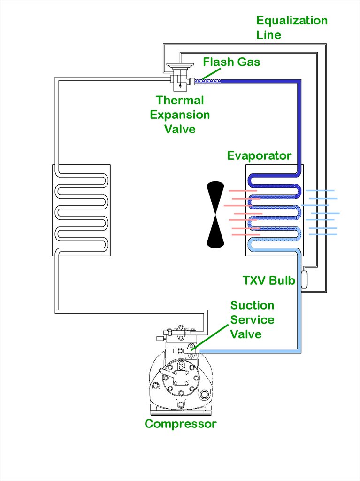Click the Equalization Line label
point(291,28)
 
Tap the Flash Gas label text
point(231,62)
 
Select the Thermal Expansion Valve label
point(180,115)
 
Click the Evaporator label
point(259,156)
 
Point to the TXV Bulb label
point(268,281)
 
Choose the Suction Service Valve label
point(252,320)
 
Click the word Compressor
point(180,424)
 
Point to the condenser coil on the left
point(81,210)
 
